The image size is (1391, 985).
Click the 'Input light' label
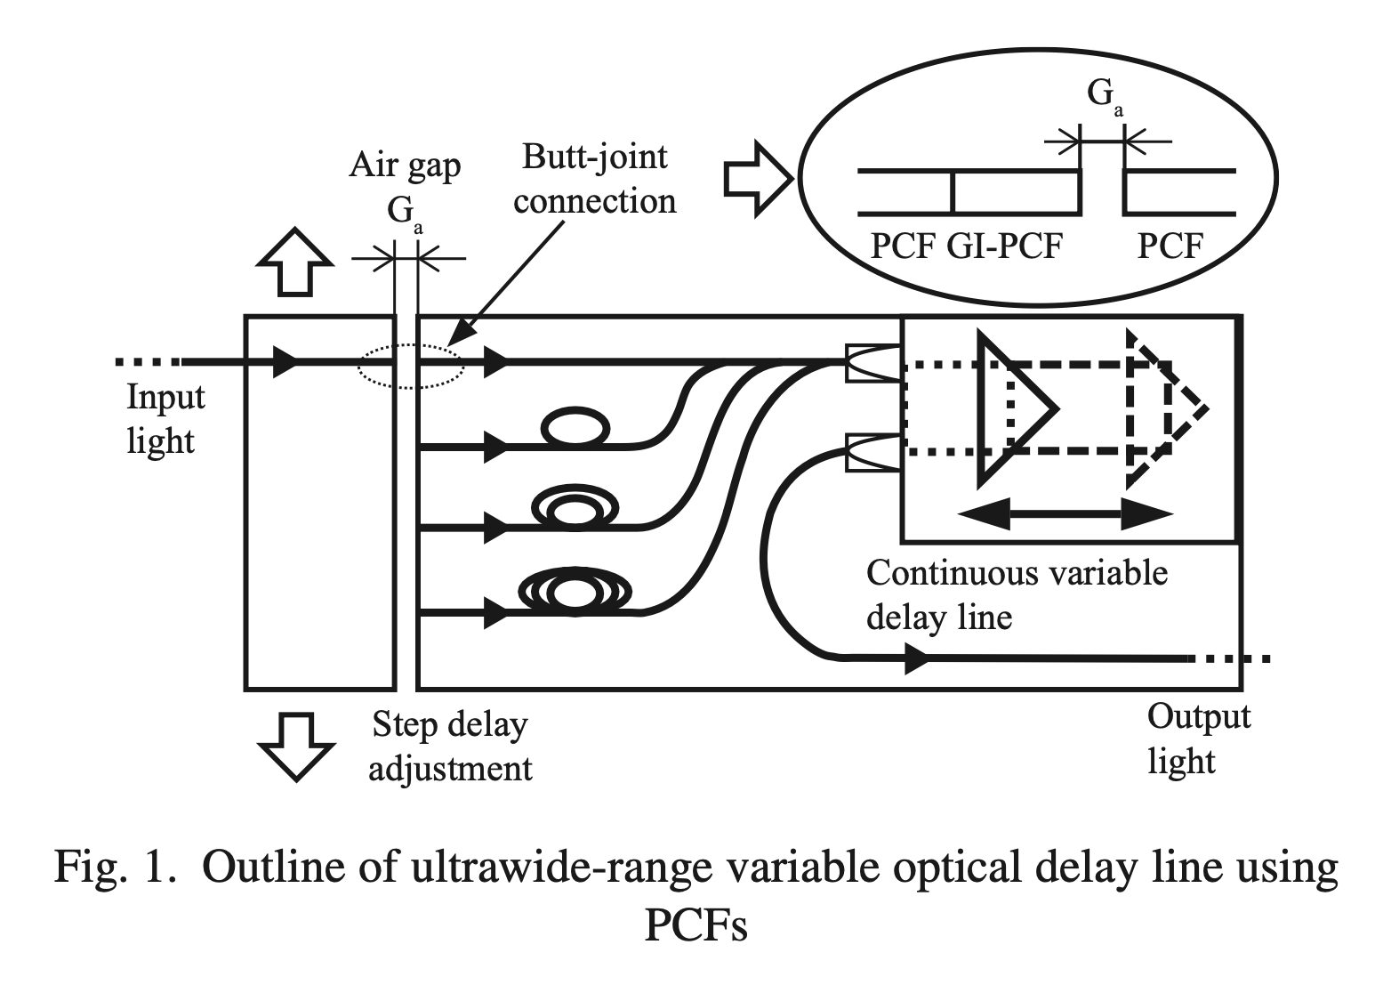tap(165, 418)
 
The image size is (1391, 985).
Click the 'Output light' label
tap(1198, 739)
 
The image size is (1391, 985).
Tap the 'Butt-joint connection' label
tap(594, 179)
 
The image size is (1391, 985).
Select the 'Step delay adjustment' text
tap(450, 747)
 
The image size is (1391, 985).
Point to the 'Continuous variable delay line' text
tap(1016, 593)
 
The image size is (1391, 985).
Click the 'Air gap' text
tap(405, 165)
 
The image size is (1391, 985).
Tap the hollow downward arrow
tap(294, 746)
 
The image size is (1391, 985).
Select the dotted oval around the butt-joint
tap(410, 365)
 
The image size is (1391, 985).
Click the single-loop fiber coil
tap(577, 428)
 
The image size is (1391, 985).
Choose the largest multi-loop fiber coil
tap(575, 591)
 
